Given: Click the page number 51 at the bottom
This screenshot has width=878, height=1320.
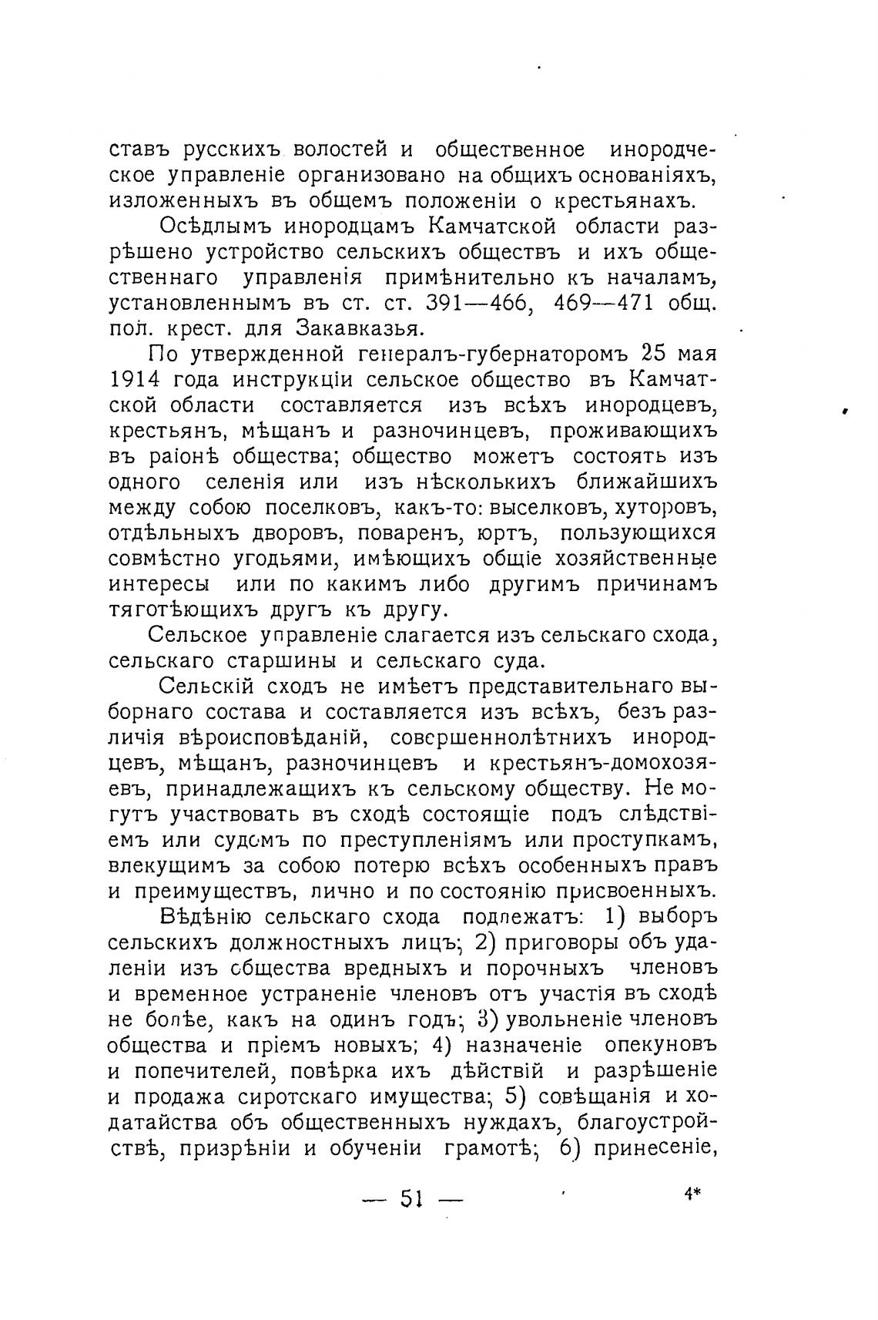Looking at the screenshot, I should point(413,1201).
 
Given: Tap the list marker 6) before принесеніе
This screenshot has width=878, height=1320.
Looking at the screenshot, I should point(568,1147).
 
